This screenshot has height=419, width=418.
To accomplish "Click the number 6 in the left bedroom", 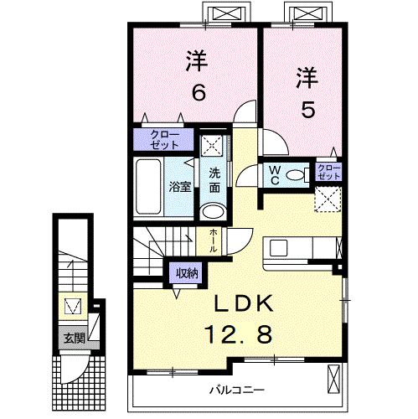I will click(x=198, y=92).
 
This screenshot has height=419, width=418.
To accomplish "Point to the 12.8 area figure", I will click(x=238, y=335).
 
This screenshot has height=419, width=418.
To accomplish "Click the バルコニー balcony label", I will click(x=236, y=391).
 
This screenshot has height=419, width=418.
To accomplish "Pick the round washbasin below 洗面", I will click(x=214, y=210).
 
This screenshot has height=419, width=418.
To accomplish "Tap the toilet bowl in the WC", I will click(x=294, y=174).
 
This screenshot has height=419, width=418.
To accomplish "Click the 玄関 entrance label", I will click(x=74, y=339).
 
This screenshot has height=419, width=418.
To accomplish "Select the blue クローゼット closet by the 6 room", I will click(x=164, y=139).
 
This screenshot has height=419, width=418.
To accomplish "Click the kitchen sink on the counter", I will click(x=278, y=248).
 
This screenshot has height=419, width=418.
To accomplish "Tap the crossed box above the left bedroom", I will click(x=224, y=15).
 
